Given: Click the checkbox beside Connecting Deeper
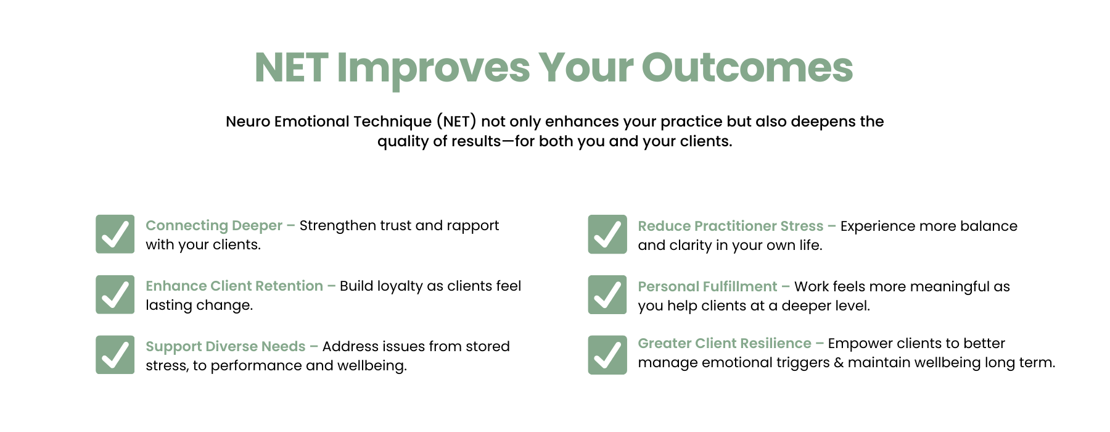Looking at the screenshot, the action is click(115, 234).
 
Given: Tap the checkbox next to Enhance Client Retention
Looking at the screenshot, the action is click(115, 294).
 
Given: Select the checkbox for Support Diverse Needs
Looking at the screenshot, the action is click(115, 355).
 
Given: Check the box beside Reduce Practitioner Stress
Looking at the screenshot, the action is click(607, 234).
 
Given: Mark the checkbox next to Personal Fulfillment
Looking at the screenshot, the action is click(607, 294).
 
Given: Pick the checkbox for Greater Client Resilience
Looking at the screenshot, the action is click(607, 355).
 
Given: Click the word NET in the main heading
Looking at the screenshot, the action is click(291, 67).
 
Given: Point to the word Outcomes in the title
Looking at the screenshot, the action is click(747, 67).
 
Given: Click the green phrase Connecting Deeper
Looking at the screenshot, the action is click(214, 226).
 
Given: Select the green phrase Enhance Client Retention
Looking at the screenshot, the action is click(234, 286).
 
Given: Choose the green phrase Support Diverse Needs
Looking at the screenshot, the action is click(226, 347).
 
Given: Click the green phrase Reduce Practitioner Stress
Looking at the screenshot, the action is click(731, 226).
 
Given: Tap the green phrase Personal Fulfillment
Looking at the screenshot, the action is click(708, 286).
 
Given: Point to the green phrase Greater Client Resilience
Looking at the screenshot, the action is click(725, 343).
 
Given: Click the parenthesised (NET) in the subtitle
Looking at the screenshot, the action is click(456, 122).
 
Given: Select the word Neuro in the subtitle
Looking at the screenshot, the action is click(248, 122).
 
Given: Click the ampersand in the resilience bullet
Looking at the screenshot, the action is click(839, 363).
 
